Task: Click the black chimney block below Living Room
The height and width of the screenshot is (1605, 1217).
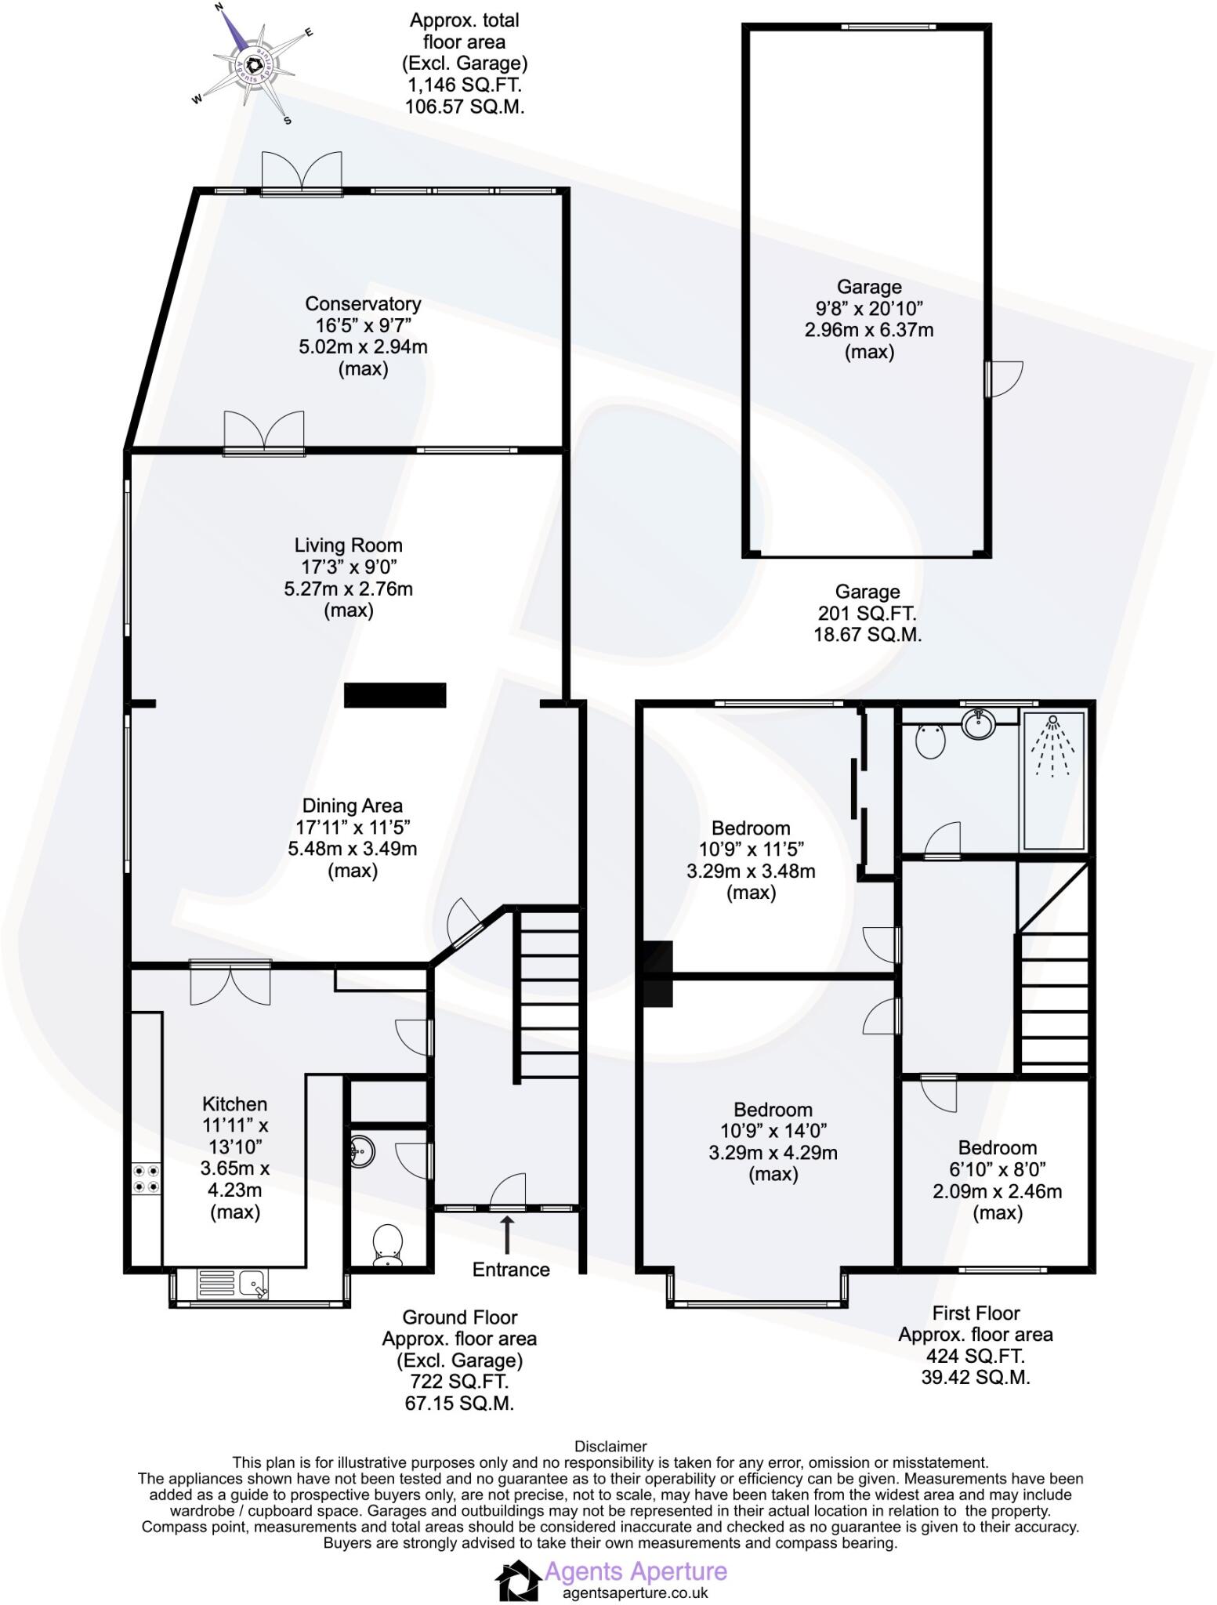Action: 395,695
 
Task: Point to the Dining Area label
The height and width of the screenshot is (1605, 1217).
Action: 353,837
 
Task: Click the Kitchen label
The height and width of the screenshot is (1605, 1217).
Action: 235,1158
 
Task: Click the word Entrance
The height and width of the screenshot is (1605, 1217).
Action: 511,1270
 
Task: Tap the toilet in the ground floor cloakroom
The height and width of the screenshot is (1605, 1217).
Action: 388,1245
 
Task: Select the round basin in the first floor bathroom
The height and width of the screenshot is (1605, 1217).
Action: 977,723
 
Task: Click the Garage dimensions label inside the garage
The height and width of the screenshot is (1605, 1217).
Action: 869,319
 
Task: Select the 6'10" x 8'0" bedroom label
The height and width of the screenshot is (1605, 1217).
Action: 997,1180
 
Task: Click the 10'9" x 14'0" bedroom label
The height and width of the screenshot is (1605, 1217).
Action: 773,1141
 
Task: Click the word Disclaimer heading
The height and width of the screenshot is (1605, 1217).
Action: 610,1446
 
